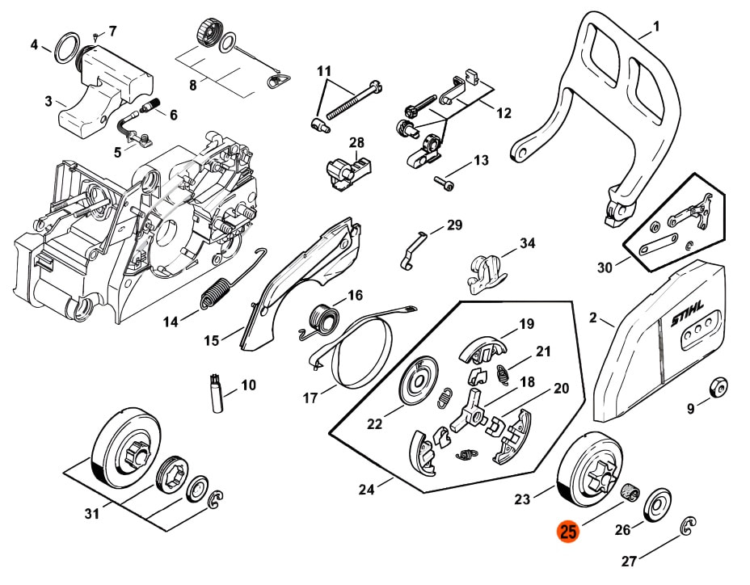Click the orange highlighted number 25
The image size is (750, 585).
568,532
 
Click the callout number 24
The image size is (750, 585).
366,489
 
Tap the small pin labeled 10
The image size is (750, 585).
217,394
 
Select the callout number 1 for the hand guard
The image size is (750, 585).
656,27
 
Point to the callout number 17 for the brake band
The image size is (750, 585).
310,398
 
